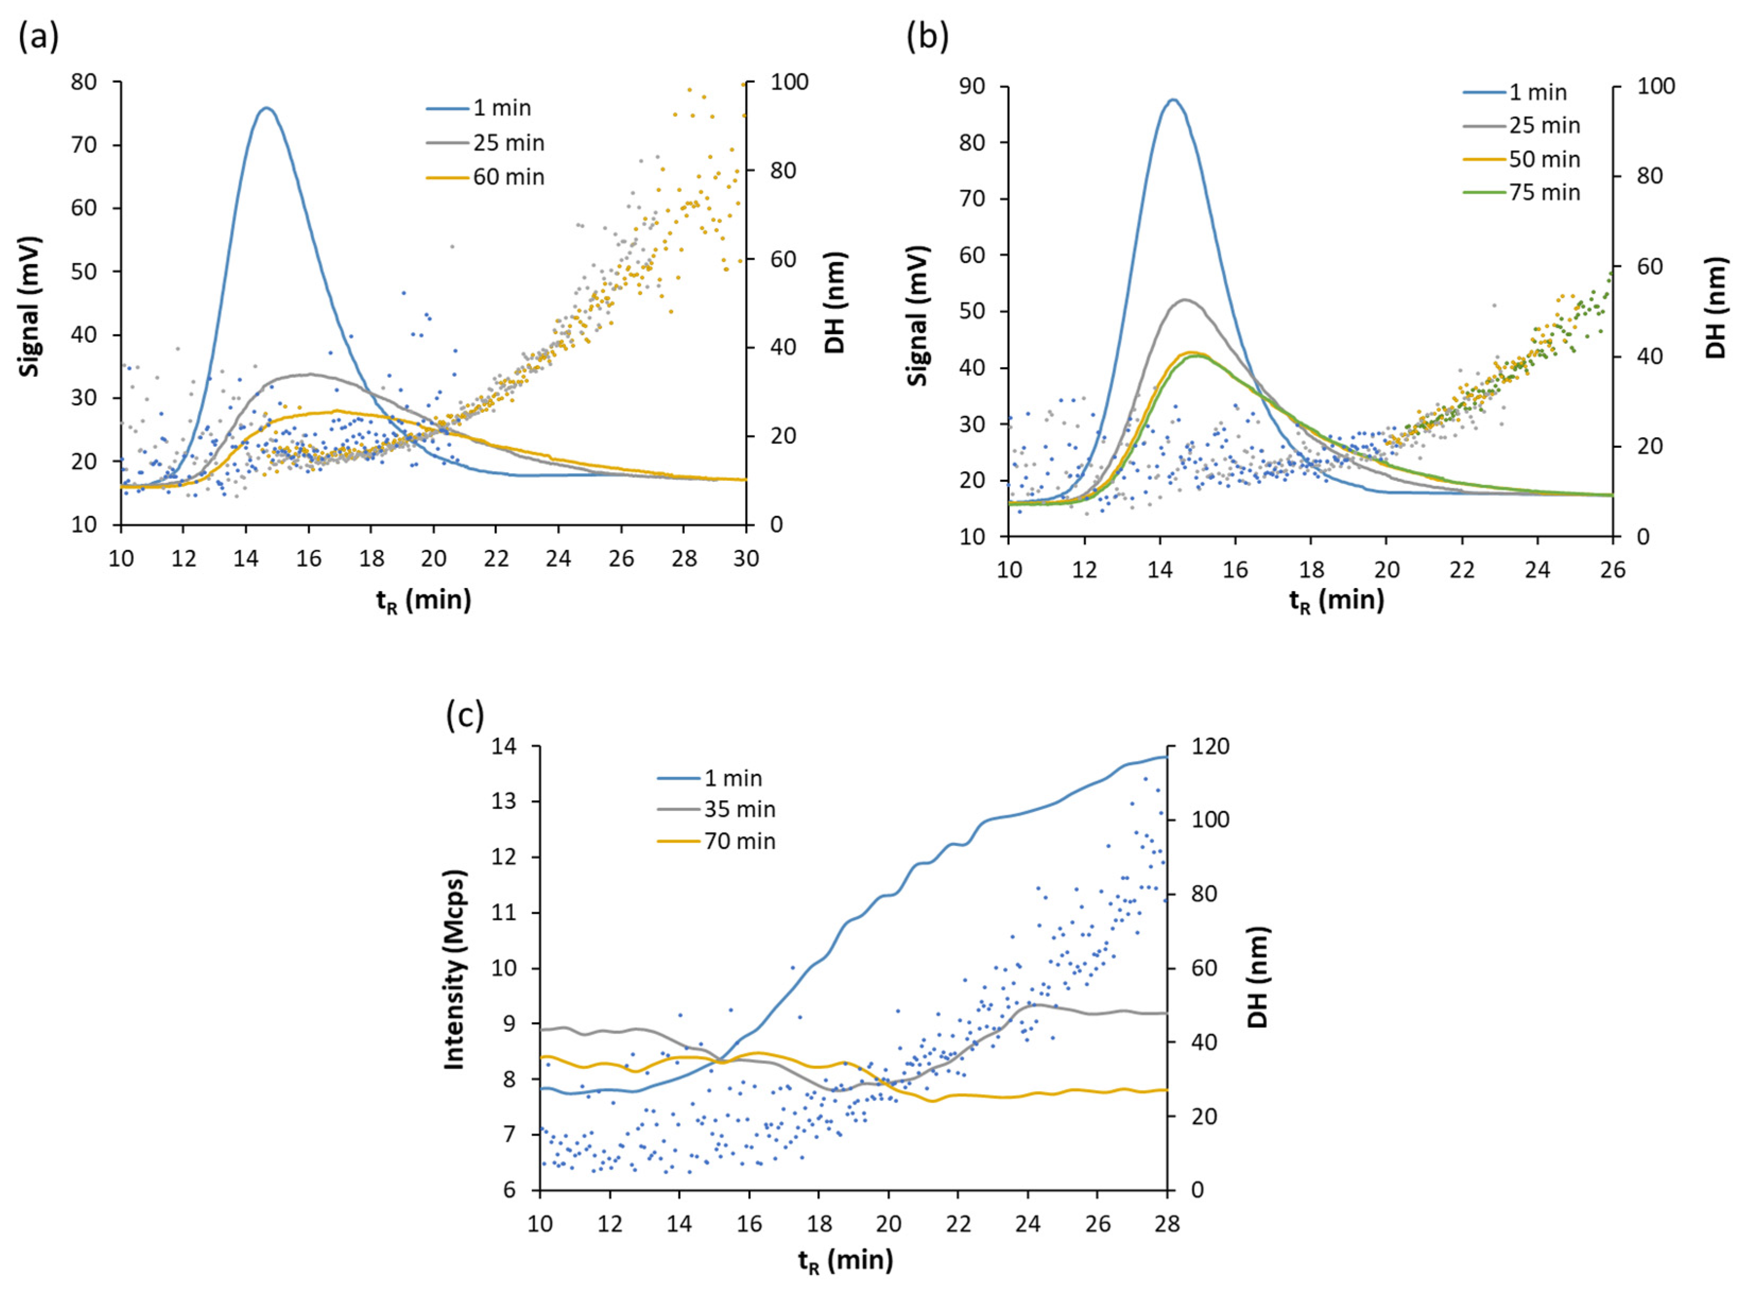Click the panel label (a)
tap(38, 37)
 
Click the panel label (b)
tap(928, 37)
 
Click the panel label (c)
tap(465, 714)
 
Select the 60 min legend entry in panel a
tap(508, 177)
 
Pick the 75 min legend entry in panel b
tap(1544, 193)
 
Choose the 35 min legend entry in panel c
tap(739, 809)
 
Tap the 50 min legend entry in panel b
tap(1544, 159)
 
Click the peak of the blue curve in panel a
tap(266, 108)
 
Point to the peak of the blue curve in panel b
tap(1172, 99)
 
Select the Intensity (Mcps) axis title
tap(454, 969)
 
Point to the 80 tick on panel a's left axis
tap(84, 82)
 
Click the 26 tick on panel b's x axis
tap(1612, 570)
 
